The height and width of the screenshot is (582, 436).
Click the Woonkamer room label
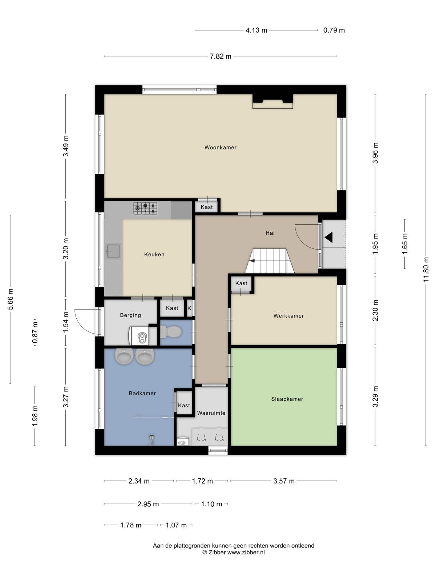220,147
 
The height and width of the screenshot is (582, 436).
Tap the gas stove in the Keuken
145,208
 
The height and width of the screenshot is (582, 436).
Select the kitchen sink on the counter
113,251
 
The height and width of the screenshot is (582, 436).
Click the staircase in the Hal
270,261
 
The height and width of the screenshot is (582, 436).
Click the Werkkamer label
288,316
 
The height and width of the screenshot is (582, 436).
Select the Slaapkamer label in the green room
287,399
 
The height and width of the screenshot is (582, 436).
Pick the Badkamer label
142,393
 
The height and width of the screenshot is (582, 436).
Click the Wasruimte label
211,413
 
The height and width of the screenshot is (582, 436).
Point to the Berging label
130,315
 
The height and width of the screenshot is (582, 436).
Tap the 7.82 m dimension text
221,56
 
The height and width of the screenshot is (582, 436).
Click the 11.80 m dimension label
426,270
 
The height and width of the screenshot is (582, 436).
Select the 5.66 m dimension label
10,299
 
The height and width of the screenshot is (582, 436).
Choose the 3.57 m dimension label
284,481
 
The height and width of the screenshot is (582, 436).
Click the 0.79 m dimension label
334,30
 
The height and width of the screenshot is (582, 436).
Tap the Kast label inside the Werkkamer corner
241,283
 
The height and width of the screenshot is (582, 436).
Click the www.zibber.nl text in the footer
246,552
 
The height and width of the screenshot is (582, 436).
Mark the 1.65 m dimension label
404,243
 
